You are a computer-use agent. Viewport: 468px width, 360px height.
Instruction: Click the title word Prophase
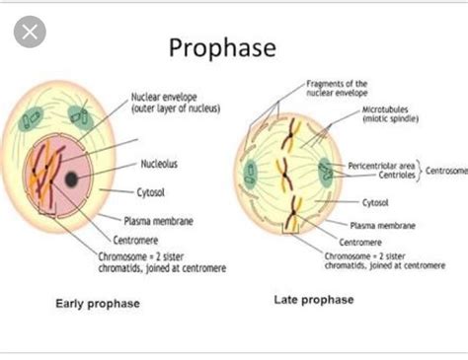point(221,48)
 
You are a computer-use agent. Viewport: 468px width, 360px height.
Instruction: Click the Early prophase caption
point(97,303)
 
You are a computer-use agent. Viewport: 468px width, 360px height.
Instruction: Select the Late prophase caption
point(313,297)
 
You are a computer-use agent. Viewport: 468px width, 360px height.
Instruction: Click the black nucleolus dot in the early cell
point(72,179)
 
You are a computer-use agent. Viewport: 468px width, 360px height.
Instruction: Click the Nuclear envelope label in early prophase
point(175,103)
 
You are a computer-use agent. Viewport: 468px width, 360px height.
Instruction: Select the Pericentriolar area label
point(383,164)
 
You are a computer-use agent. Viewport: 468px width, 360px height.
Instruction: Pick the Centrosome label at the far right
point(446,170)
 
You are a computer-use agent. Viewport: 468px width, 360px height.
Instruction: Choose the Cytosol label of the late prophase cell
point(374,202)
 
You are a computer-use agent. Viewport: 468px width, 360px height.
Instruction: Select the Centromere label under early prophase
point(149,239)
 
